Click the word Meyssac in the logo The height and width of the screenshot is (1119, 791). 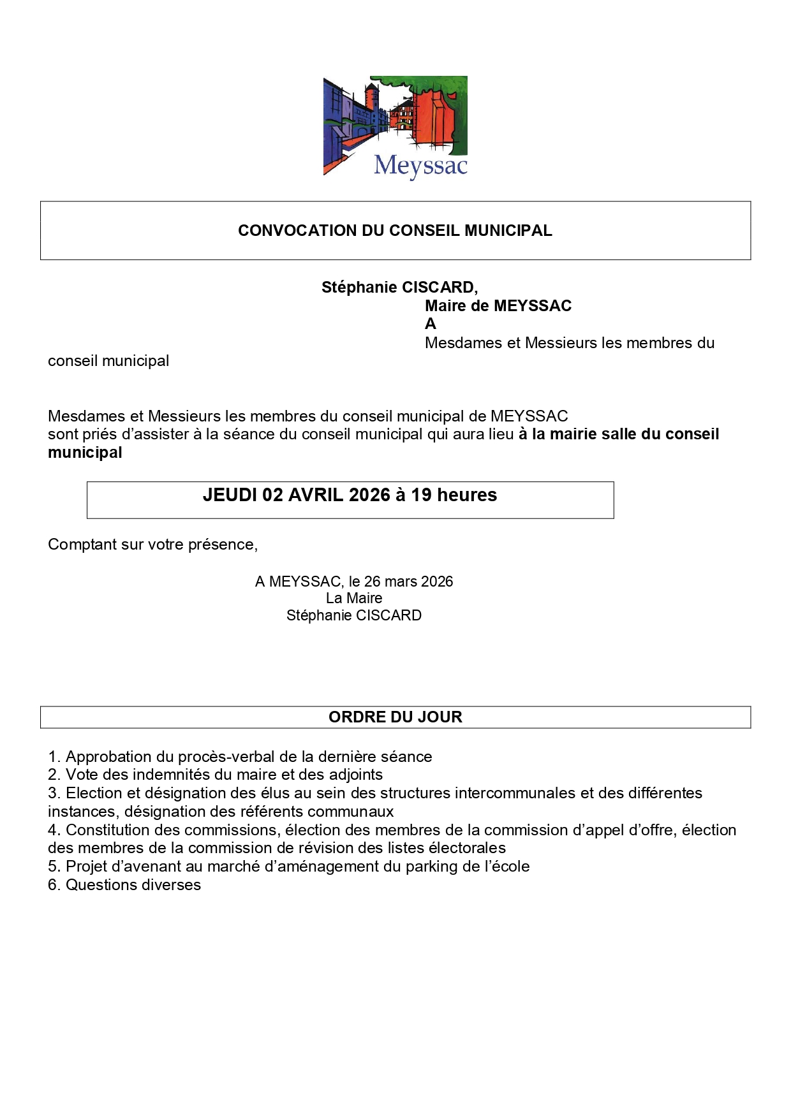pyautogui.click(x=420, y=166)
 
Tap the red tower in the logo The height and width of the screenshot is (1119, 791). pyautogui.click(x=371, y=102)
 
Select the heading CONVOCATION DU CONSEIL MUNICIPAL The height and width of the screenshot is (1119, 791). pyautogui.click(x=395, y=231)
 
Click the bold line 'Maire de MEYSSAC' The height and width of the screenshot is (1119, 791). pyautogui.click(x=498, y=306)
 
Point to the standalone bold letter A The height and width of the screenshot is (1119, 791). pyautogui.click(x=431, y=324)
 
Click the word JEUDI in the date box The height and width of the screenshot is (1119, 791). pyautogui.click(x=230, y=495)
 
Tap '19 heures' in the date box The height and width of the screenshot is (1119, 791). pyautogui.click(x=454, y=495)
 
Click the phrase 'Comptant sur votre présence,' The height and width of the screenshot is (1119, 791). pyautogui.click(x=152, y=545)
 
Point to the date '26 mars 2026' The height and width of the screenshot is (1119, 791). pyautogui.click(x=408, y=581)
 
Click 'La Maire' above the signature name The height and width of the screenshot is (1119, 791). pyautogui.click(x=354, y=598)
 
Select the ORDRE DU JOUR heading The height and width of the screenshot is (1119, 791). pyautogui.click(x=395, y=717)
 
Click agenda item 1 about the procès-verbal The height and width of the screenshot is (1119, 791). pyautogui.click(x=240, y=757)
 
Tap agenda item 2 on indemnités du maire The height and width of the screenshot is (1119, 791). pyautogui.click(x=215, y=775)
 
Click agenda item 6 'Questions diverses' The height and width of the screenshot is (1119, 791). pyautogui.click(x=124, y=885)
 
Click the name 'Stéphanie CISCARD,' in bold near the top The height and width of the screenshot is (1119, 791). pyautogui.click(x=399, y=288)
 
